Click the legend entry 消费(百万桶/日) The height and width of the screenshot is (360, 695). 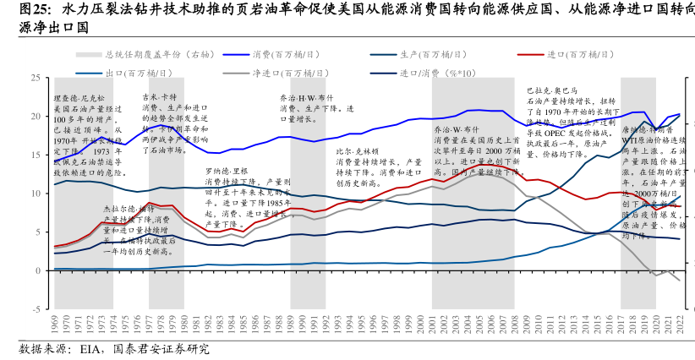283,54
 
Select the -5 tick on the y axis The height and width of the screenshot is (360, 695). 35,309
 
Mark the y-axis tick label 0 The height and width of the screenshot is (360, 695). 36,270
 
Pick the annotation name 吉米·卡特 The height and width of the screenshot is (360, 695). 159,96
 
